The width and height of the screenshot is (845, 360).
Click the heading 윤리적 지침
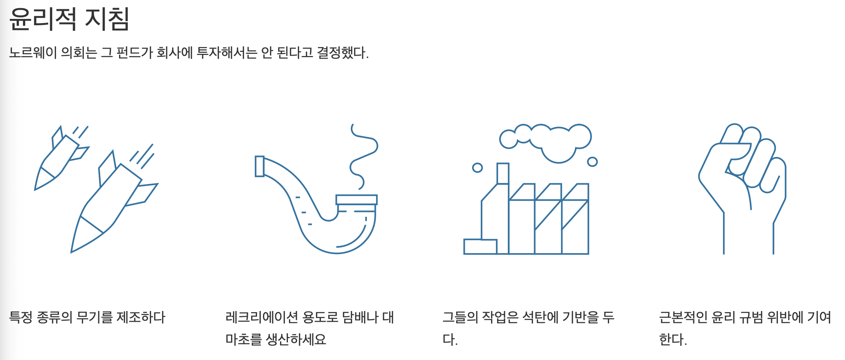pos(69,19)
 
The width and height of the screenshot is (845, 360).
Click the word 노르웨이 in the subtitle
pos(33,53)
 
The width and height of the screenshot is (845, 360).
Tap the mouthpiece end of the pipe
pos(260,166)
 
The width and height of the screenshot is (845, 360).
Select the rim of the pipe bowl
pos(356,200)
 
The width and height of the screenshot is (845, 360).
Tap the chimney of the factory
pos(503,173)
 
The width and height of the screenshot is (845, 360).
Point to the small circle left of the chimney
pos(477,168)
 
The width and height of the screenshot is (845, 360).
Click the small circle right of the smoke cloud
pos(592,162)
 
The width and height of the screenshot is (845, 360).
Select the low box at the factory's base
pos(480,247)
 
